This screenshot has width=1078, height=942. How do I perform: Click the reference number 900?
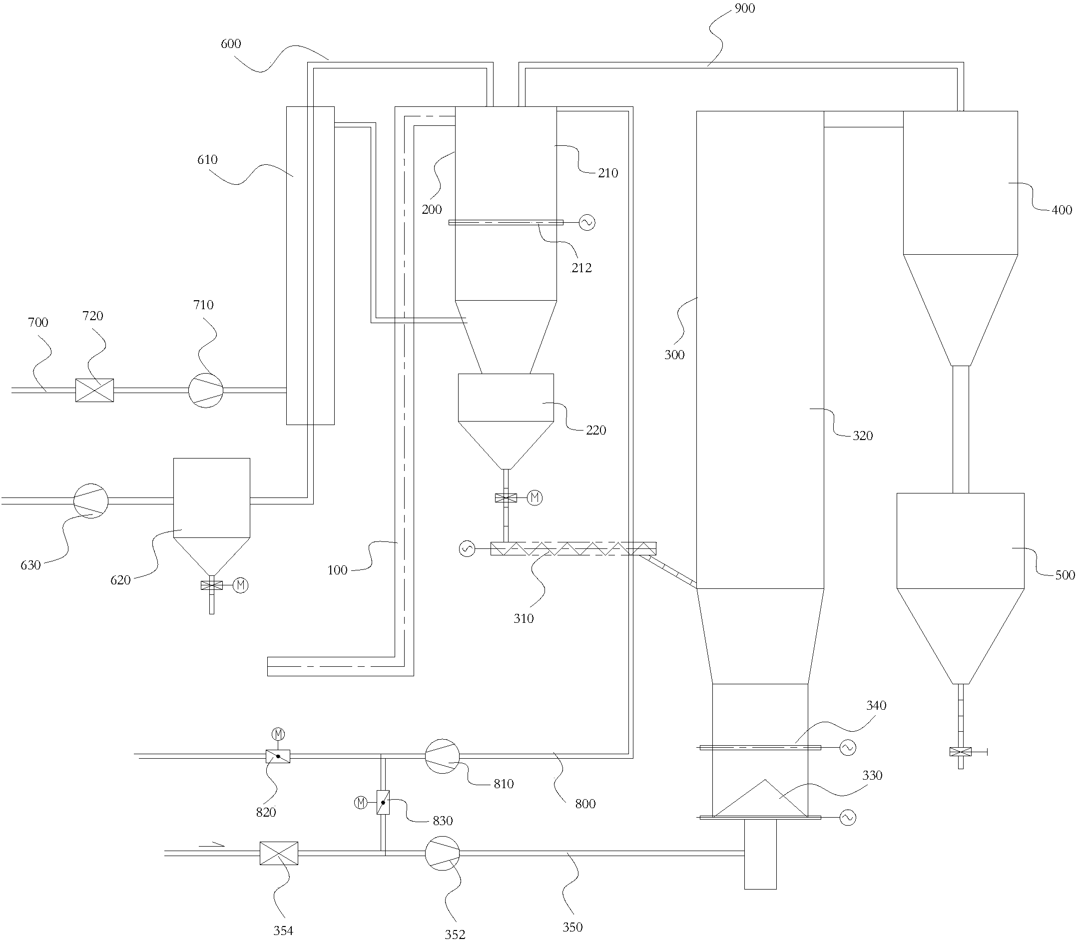coord(744,8)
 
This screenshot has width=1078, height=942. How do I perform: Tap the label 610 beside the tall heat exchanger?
coord(207,160)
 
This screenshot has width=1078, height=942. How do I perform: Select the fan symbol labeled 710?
coord(206,390)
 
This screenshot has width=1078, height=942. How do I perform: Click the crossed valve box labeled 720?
coord(94,390)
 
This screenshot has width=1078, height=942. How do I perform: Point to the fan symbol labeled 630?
coord(90,501)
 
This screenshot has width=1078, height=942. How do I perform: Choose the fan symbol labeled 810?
coord(442,756)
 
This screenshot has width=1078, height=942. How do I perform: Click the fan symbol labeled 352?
coord(442,853)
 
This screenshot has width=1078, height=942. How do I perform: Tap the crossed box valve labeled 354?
coord(279,853)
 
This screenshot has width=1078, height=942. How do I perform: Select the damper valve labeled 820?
coord(278,756)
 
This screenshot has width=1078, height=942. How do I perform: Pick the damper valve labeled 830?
coord(383,803)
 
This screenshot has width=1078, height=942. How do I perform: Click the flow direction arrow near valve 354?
coord(212,845)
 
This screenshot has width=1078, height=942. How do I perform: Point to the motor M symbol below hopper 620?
coord(241,585)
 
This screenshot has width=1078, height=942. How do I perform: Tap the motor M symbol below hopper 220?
coord(535,497)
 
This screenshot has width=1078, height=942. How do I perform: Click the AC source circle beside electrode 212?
coord(587,223)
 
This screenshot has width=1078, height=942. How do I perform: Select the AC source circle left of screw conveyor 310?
coord(467,549)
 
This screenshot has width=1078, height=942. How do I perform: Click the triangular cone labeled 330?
coord(760,799)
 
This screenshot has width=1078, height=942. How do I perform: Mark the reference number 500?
coord(1065,575)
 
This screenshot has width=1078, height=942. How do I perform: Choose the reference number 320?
coord(863,436)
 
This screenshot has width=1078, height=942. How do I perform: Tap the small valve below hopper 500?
coord(961,752)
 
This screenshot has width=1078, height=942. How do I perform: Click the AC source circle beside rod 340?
coord(848,748)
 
